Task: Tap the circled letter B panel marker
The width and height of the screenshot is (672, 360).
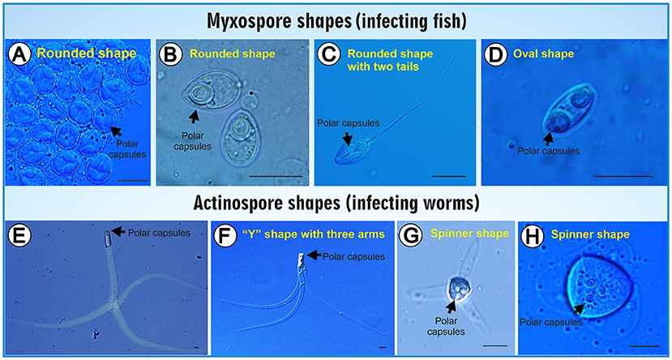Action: pos(169,54)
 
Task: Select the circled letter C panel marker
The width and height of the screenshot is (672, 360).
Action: pos(328,54)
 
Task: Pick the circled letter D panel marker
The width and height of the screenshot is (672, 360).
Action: pos(496,54)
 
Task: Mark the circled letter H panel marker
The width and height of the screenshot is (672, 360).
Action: pos(534,235)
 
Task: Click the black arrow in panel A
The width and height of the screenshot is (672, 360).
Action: pos(117,129)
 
